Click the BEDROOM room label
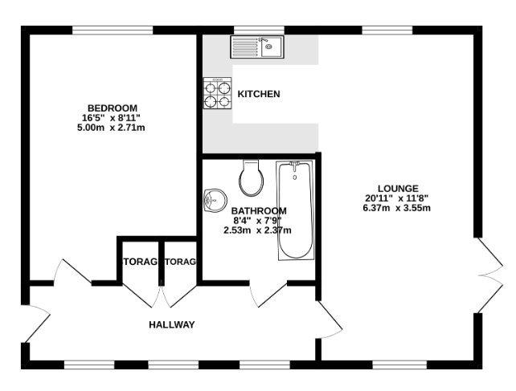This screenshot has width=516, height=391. pos(113,108)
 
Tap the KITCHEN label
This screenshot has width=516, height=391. pos(259,94)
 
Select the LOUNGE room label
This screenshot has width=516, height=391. pos(396,188)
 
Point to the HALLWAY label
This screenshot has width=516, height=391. pos(172,325)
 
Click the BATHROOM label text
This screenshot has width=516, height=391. pos(259,211)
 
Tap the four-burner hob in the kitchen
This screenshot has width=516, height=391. pos(217,92)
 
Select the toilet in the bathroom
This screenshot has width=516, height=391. pos(251,178)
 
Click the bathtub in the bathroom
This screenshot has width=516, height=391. pos(295,210)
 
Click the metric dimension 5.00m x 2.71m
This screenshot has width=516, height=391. pos(113,127)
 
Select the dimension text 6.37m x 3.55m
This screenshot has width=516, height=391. pos(396,208)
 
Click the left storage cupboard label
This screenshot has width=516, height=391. pos(138,263)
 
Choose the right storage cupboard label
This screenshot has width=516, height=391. pos(180,263)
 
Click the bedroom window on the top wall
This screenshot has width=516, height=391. pos(113,31)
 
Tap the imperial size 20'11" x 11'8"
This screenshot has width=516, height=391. pos(396,198)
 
